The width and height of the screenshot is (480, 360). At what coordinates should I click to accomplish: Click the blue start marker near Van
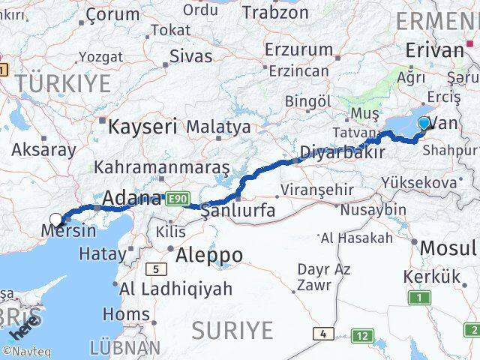[424, 124]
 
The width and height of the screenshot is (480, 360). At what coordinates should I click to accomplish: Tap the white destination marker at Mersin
[56, 220]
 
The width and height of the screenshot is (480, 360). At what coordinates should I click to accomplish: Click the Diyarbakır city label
[342, 153]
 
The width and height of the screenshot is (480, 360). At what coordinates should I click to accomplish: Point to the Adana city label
[131, 199]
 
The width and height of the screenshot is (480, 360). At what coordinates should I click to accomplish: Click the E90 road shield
[177, 198]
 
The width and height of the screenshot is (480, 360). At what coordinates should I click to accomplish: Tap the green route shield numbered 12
[364, 336]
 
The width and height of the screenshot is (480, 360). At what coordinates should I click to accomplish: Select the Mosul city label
[448, 247]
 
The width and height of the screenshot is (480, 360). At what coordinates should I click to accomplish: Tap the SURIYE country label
[232, 329]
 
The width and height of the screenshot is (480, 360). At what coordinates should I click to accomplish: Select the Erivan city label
[434, 50]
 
